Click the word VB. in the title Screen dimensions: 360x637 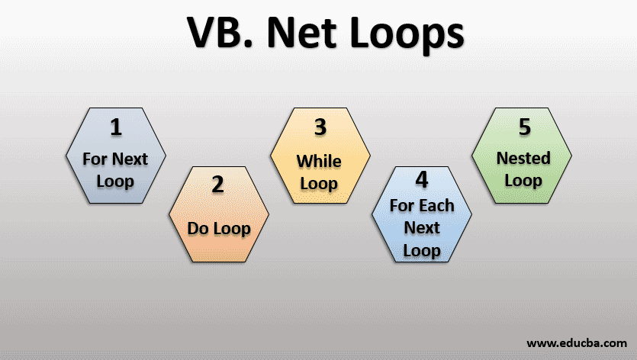point(215,36)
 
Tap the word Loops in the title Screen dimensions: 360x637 point(411,36)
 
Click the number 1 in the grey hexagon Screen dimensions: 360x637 point(115,127)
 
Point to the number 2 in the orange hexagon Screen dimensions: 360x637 point(218,185)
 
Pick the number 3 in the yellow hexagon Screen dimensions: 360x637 point(320,127)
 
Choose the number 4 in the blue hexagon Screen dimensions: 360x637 point(422,181)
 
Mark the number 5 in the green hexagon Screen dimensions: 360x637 point(524,127)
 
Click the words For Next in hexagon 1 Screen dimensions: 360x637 point(115,160)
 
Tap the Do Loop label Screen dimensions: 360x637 point(218,228)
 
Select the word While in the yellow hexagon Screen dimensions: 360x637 point(319,161)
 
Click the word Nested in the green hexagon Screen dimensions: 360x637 point(523,158)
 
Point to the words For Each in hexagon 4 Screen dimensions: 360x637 point(422,205)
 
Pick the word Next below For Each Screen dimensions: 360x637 point(422,227)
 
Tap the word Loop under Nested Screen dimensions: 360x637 point(523,181)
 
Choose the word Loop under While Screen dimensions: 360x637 point(319,184)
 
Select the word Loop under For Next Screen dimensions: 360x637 point(115,182)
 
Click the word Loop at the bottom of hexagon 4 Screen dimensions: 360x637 point(422,249)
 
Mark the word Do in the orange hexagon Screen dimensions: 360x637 point(198,228)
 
